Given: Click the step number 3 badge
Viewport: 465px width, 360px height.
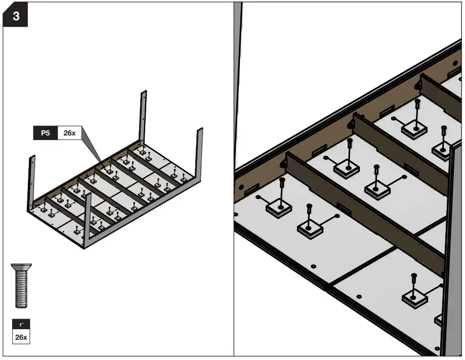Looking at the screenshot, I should click(16, 16).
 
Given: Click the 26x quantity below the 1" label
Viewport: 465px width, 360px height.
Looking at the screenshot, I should click(21, 337).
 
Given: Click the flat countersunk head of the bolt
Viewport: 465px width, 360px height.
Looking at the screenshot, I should click(21, 266).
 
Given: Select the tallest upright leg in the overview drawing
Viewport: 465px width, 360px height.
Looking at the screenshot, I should click(144, 116).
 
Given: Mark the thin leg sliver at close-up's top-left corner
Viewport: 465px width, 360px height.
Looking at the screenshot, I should click(239, 76).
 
